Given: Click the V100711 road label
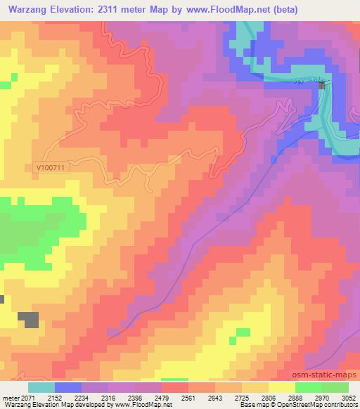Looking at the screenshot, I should pyautogui.click(x=49, y=168).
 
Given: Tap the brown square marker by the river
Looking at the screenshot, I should pyautogui.click(x=322, y=85).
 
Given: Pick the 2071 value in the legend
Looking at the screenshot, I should pyautogui.click(x=28, y=397).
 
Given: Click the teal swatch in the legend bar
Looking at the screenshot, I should pyautogui.click(x=41, y=387).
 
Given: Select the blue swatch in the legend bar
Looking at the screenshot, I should pyautogui.click(x=68, y=387).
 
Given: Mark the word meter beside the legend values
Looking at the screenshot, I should pyautogui.click(x=9, y=397).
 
